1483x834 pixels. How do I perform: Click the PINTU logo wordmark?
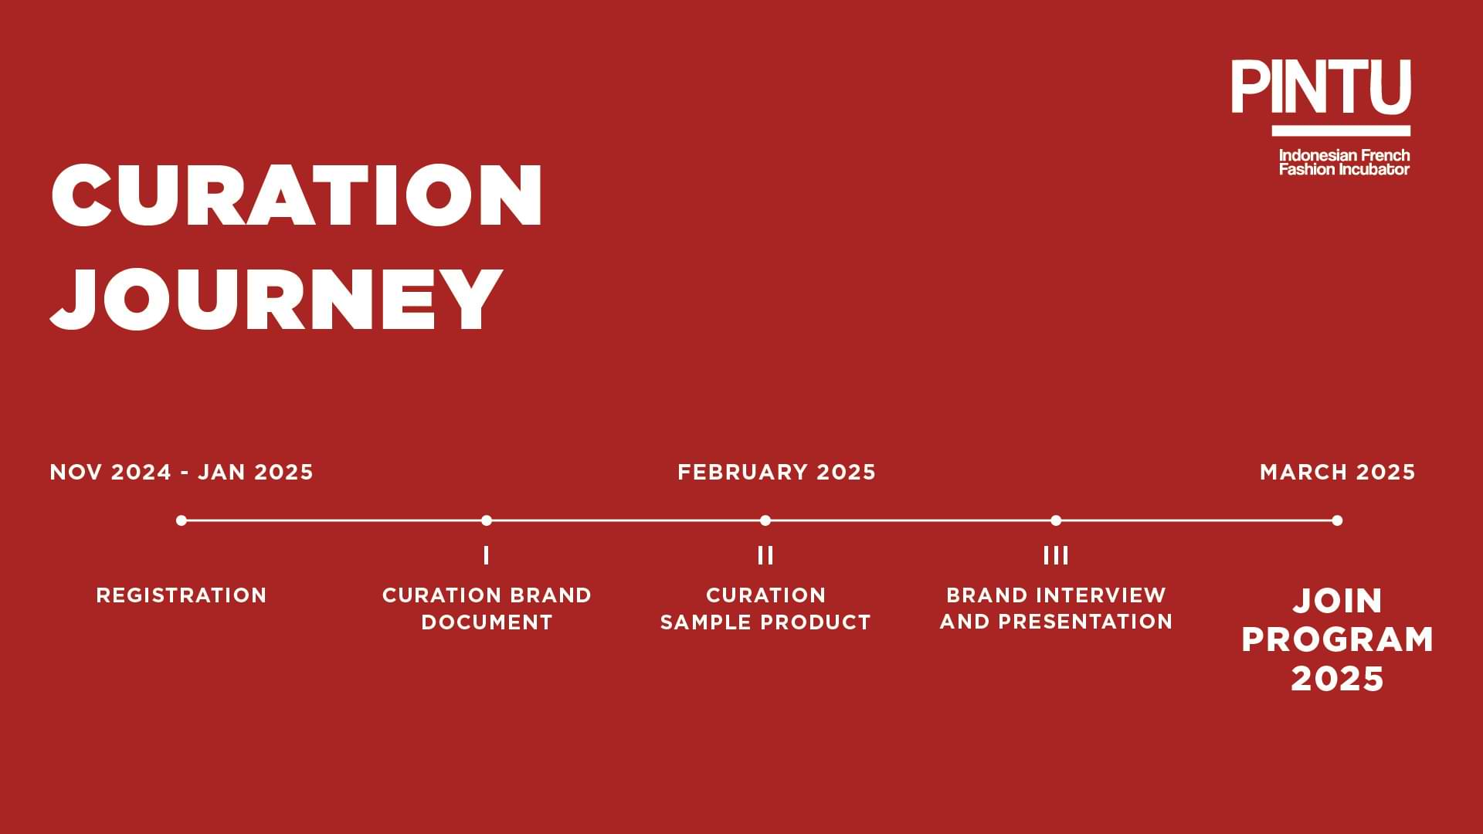[1321, 87]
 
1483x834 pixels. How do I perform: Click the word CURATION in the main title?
[297, 195]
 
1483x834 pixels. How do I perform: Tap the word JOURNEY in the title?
[277, 299]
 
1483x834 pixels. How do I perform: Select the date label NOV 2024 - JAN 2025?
[182, 472]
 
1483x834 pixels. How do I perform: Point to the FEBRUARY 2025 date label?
[777, 472]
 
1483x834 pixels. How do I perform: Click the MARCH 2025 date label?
[1338, 472]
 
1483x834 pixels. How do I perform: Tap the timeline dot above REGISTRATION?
[182, 520]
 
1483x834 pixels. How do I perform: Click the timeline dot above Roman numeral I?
[487, 520]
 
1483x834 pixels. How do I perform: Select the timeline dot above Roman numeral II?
[765, 520]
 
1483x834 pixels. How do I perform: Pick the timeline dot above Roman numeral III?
[1056, 520]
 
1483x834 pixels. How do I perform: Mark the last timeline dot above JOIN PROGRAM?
[1337, 520]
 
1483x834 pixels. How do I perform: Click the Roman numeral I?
[486, 555]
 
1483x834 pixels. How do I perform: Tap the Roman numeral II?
[765, 555]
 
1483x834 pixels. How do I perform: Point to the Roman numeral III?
[1056, 555]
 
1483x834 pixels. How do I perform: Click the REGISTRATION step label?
[182, 595]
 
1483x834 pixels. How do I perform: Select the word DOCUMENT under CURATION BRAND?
[487, 622]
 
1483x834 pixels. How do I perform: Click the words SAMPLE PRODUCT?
[765, 622]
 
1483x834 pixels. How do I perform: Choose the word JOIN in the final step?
[1338, 601]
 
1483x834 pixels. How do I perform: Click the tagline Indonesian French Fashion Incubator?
[1345, 162]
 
